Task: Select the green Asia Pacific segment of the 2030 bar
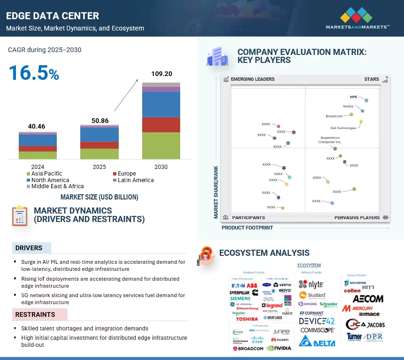click(x=161, y=146)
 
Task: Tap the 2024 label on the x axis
click(x=38, y=167)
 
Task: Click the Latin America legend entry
click(x=135, y=180)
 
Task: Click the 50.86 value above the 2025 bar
click(x=99, y=121)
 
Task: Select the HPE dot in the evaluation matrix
click(x=366, y=100)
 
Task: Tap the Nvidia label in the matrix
click(x=348, y=107)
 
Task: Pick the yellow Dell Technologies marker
click(x=361, y=122)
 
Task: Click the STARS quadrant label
click(x=371, y=79)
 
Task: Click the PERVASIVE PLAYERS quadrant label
click(x=357, y=218)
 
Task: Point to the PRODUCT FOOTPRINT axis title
click(x=247, y=228)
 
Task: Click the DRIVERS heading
click(x=29, y=248)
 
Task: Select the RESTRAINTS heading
click(x=35, y=314)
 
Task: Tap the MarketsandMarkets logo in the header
click(x=358, y=18)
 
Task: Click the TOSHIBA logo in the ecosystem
click(x=247, y=319)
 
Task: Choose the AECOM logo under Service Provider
click(x=368, y=299)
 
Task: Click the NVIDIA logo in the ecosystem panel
click(x=279, y=348)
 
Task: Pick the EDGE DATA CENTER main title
click(x=53, y=16)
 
